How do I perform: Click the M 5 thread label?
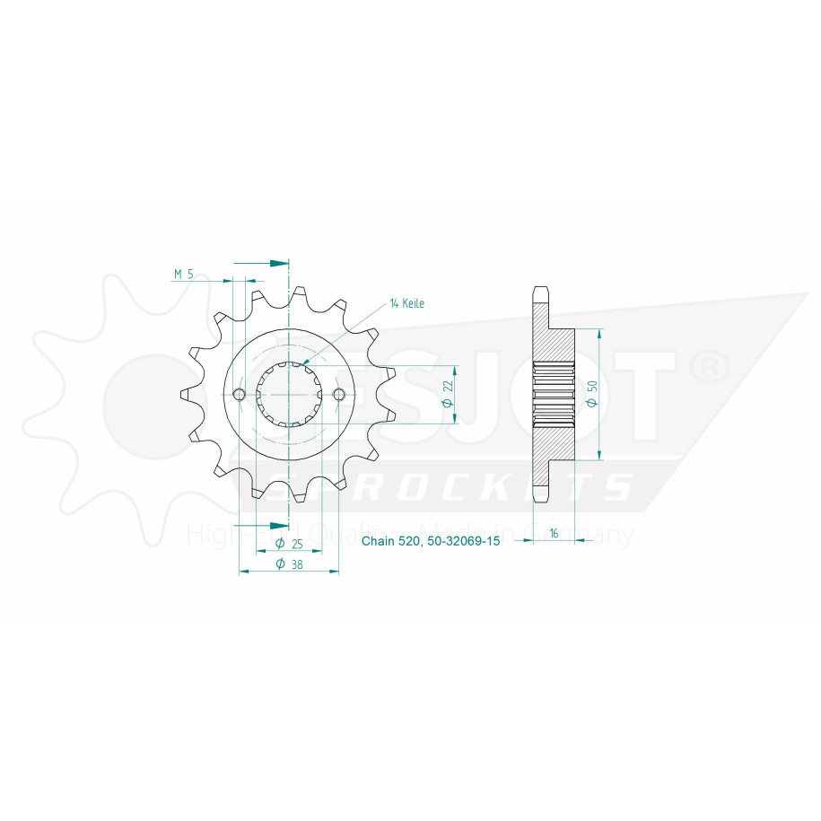click(183, 274)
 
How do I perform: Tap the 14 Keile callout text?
click(406, 303)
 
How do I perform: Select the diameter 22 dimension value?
click(447, 396)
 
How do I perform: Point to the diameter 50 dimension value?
click(591, 394)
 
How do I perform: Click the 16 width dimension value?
click(555, 533)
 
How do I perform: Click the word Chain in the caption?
click(377, 543)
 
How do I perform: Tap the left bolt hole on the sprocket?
click(239, 395)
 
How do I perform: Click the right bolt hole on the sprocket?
click(339, 395)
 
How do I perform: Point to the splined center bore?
click(289, 395)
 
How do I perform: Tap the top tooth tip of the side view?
click(540, 292)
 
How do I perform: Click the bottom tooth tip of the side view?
click(540, 497)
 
